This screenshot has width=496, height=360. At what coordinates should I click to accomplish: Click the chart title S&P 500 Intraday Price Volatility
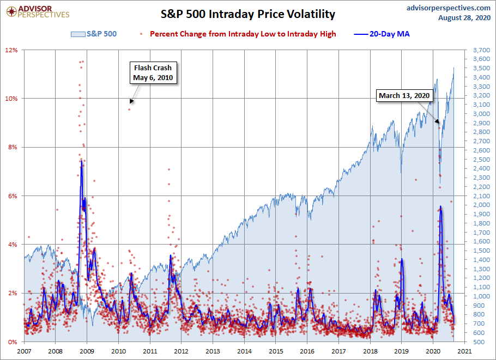(247, 14)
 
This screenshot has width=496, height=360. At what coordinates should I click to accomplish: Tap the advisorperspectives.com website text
(441, 8)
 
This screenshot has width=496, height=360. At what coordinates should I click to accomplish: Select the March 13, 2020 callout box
(404, 96)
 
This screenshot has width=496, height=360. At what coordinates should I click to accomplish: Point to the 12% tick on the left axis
(12, 50)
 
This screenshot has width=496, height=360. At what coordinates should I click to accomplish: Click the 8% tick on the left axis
(13, 147)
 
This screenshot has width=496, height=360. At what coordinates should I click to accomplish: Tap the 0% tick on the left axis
(13, 342)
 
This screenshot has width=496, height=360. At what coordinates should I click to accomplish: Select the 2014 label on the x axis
(244, 352)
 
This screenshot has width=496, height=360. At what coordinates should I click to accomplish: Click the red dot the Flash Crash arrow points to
(129, 109)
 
